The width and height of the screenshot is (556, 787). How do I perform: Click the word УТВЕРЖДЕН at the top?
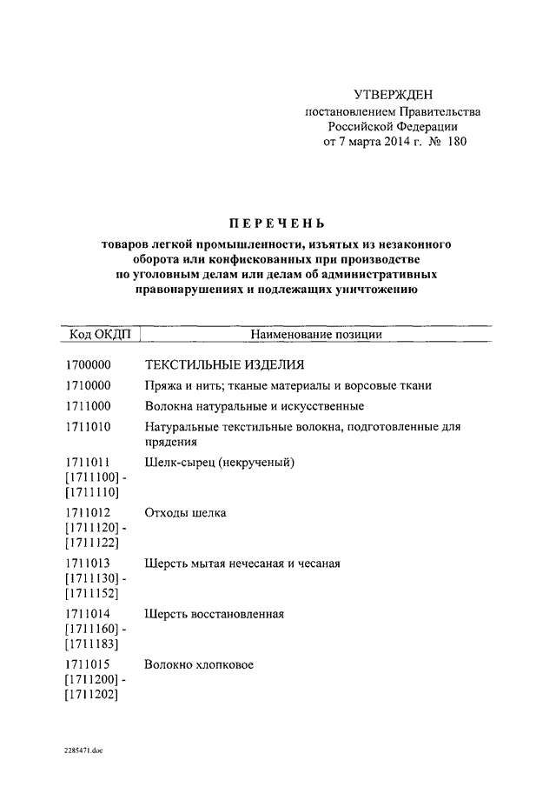click(x=392, y=94)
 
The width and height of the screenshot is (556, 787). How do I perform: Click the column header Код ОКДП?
click(x=96, y=334)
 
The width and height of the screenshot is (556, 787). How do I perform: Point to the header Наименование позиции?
click(x=316, y=334)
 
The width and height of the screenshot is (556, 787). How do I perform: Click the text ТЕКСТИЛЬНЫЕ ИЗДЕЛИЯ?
click(x=225, y=364)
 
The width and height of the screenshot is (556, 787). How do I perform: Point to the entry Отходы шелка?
click(x=186, y=513)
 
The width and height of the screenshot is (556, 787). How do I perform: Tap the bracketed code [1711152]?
click(x=92, y=594)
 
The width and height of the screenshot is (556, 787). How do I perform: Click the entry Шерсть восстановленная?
click(x=215, y=615)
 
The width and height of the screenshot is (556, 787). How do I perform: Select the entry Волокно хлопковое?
click(x=199, y=665)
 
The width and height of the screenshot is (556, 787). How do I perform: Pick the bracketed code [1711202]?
click(x=92, y=696)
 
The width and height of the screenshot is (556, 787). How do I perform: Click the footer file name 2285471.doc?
click(x=83, y=750)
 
